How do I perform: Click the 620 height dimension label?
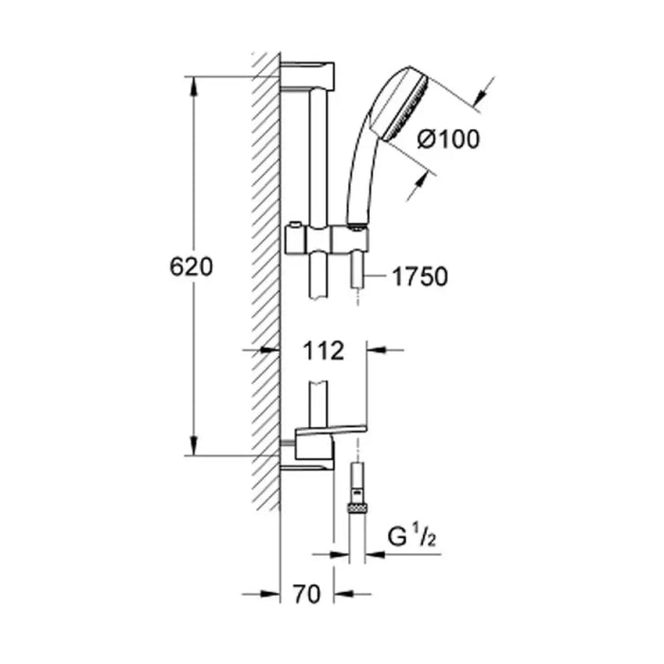[191, 267]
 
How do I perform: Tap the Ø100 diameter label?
[449, 138]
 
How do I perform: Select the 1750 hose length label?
[419, 277]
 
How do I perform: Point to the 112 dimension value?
[323, 351]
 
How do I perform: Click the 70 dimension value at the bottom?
[306, 594]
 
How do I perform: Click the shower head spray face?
[406, 109]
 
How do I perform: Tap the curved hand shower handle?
[360, 170]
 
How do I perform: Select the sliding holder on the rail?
[326, 240]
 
